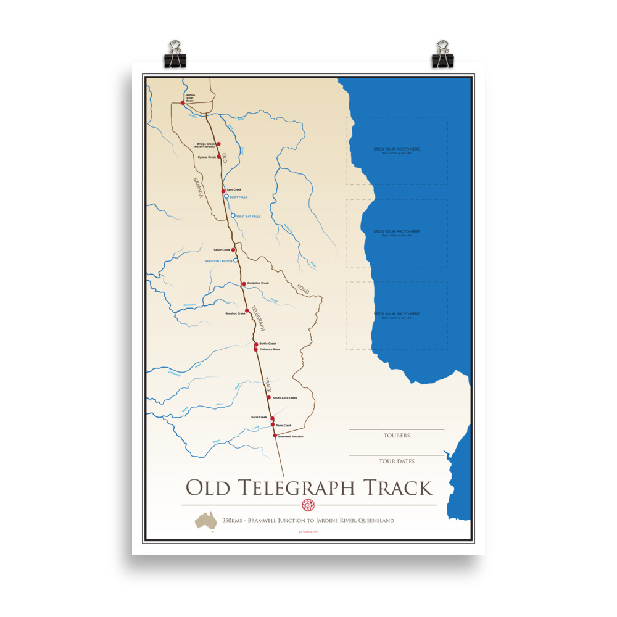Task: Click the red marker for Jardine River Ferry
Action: coord(183,103)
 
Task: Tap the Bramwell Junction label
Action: coord(291,437)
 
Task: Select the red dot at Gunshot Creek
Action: coord(247,310)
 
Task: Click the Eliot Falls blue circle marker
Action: coord(226,196)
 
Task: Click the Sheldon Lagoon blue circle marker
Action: coord(236,260)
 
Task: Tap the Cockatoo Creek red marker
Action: coord(244,284)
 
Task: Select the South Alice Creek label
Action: coord(284,398)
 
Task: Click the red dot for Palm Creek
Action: coord(273,424)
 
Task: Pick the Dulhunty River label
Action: coord(270,349)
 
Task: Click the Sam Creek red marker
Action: coord(223,191)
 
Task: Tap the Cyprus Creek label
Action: coord(207,157)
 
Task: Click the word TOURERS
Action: coord(397,436)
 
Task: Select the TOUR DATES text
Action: coord(397,461)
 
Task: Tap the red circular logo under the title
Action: coord(308,505)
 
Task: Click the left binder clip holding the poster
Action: coord(174,54)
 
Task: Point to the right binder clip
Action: coord(442,54)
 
